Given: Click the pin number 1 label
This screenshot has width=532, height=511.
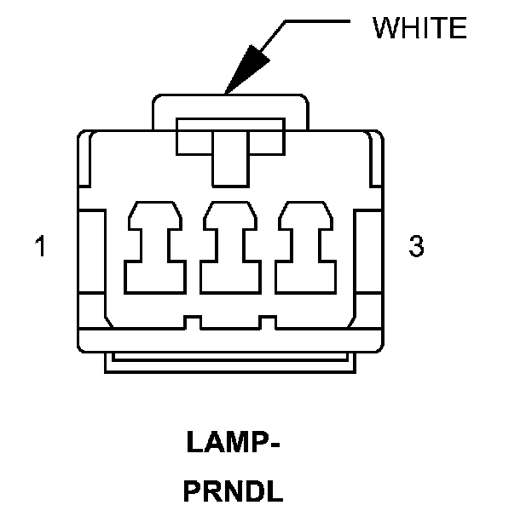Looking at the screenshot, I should tap(39, 248).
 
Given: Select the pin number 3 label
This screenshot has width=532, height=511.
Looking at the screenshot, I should tap(416, 247).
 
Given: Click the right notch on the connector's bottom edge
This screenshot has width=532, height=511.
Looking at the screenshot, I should tap(266, 323).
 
